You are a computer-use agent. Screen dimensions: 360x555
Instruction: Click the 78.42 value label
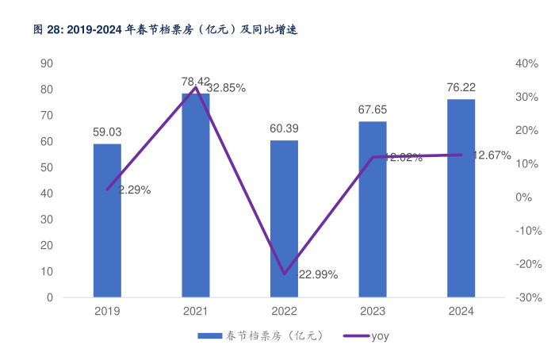click(196, 81)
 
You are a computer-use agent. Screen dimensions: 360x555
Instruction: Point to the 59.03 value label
click(107, 132)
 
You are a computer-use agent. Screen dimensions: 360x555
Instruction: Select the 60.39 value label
click(284, 128)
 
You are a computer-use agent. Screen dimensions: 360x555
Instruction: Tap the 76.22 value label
click(461, 87)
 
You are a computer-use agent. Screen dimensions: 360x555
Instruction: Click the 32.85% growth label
click(226, 89)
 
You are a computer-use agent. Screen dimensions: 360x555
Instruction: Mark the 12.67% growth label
click(492, 155)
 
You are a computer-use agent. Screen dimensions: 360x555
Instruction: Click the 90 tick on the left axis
click(47, 63)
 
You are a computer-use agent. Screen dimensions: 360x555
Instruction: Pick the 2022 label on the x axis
click(284, 312)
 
